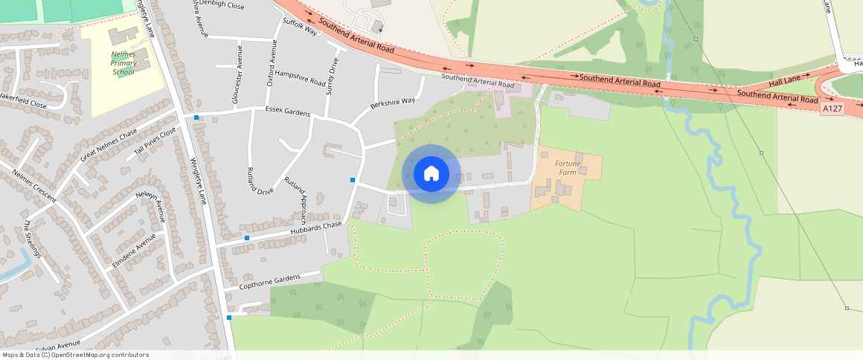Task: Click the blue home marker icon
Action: point(431,174)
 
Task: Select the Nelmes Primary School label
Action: point(123,63)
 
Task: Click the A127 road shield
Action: point(832,109)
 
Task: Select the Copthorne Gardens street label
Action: point(271,282)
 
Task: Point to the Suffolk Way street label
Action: point(300,27)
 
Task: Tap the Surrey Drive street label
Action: point(332,77)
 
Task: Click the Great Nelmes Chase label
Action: point(109,144)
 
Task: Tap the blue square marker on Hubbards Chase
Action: point(247,238)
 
